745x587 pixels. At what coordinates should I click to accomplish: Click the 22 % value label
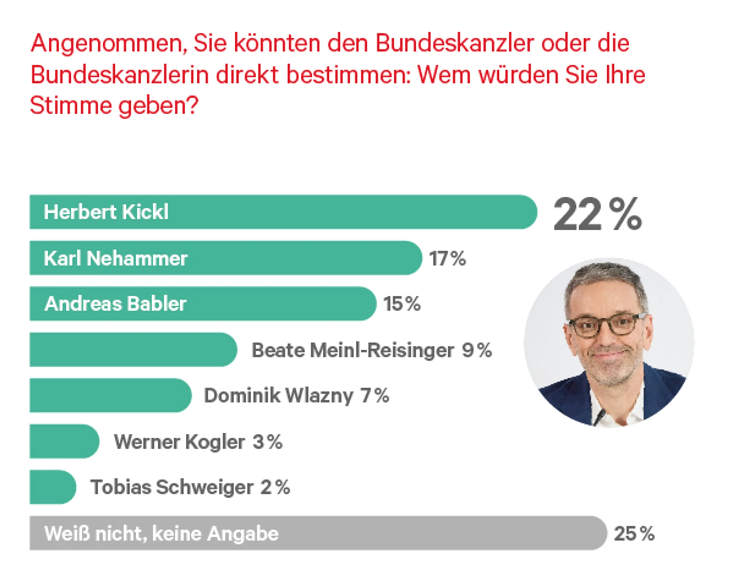pyautogui.click(x=597, y=214)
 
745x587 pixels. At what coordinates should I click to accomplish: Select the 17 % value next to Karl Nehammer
pyautogui.click(x=447, y=258)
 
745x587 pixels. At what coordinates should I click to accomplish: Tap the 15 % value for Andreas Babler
pyautogui.click(x=402, y=304)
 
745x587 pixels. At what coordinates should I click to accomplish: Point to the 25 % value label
pyautogui.click(x=634, y=534)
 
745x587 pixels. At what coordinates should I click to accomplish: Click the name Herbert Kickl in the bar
pyautogui.click(x=106, y=212)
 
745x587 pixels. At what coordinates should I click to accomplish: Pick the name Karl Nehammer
pyautogui.click(x=116, y=258)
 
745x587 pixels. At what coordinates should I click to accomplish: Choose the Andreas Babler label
pyautogui.click(x=115, y=304)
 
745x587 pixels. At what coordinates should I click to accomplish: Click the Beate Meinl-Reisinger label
pyautogui.click(x=353, y=351)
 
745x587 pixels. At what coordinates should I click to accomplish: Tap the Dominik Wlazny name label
pyautogui.click(x=279, y=396)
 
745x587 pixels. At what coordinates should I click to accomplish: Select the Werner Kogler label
pyautogui.click(x=180, y=442)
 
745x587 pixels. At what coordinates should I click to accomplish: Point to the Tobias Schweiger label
pyautogui.click(x=172, y=487)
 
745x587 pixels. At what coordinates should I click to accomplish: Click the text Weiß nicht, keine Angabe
pyautogui.click(x=161, y=534)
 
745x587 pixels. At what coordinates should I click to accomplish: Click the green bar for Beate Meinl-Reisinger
pyautogui.click(x=133, y=350)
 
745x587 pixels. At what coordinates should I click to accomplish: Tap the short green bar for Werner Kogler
pyautogui.click(x=65, y=441)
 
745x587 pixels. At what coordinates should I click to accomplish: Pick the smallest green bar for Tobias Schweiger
pyautogui.click(x=53, y=487)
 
